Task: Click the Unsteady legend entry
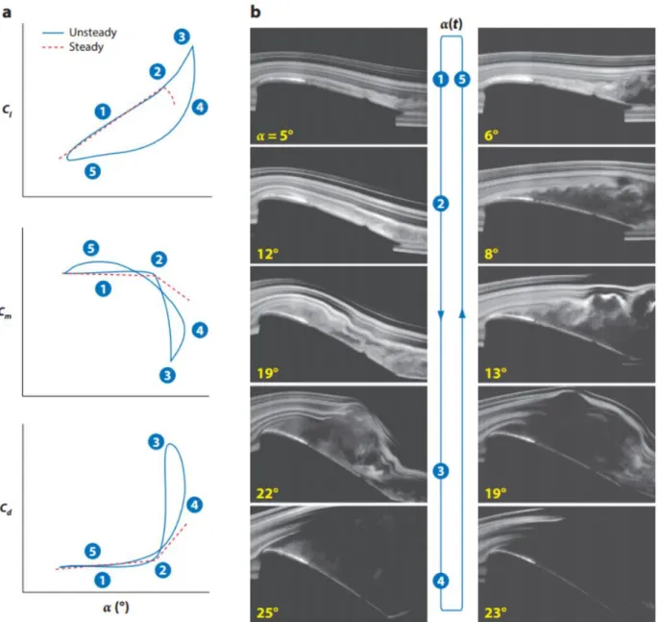(80, 33)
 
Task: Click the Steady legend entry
(73, 47)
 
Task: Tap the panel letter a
(7, 12)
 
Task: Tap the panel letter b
(256, 12)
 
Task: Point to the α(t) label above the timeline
(451, 24)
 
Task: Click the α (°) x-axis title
(115, 607)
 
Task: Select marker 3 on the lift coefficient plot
(182, 37)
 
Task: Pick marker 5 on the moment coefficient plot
(91, 248)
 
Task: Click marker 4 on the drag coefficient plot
(194, 505)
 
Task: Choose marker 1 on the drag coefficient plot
(102, 581)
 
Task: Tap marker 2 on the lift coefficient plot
(158, 72)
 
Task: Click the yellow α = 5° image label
(275, 136)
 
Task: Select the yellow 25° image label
(267, 612)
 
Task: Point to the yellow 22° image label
(267, 493)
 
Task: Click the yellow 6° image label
(491, 136)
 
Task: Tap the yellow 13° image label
(496, 373)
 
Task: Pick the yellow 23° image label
(496, 612)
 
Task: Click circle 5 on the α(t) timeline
(462, 80)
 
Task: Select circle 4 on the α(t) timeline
(440, 582)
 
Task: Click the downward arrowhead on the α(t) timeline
(440, 314)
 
